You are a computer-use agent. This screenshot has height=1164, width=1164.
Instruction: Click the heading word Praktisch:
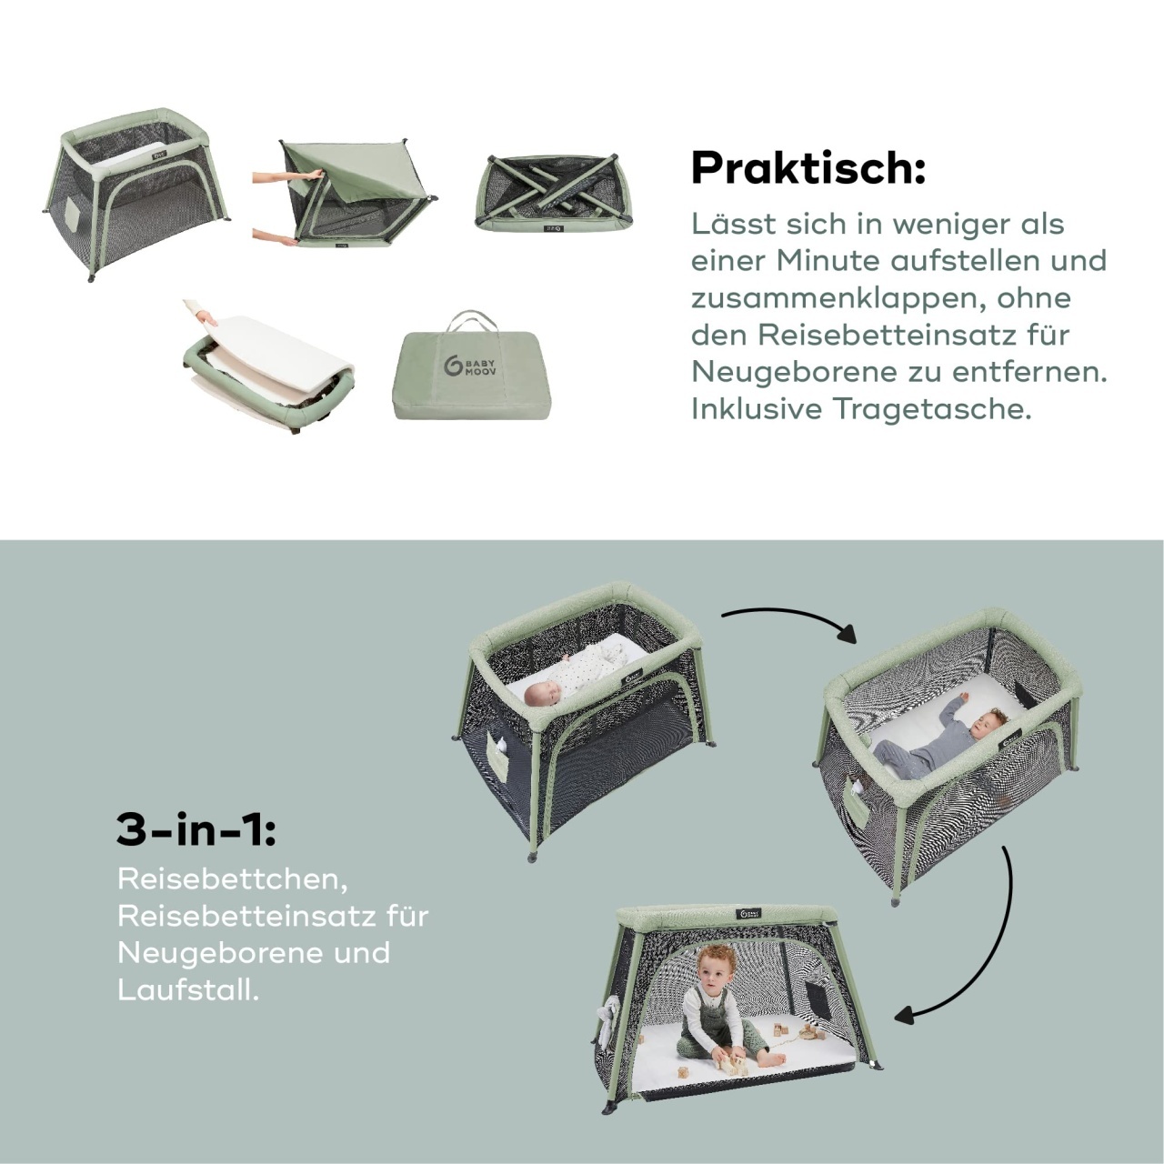tap(808, 168)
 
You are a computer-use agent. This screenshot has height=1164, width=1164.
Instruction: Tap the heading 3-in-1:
tap(196, 830)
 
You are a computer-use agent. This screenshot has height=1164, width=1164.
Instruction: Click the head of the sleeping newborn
tap(539, 695)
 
